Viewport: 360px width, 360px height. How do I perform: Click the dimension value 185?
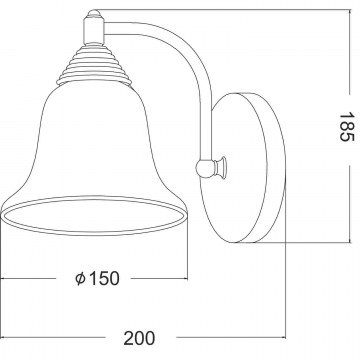tap(347, 127)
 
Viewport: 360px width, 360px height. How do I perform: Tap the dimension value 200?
tap(139, 338)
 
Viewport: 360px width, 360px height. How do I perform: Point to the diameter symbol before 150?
tap(80, 278)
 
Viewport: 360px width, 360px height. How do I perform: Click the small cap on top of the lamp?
tap(94, 14)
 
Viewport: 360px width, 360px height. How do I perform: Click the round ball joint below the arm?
tap(205, 168)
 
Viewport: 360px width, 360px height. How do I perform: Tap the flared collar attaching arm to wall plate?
tap(221, 167)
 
